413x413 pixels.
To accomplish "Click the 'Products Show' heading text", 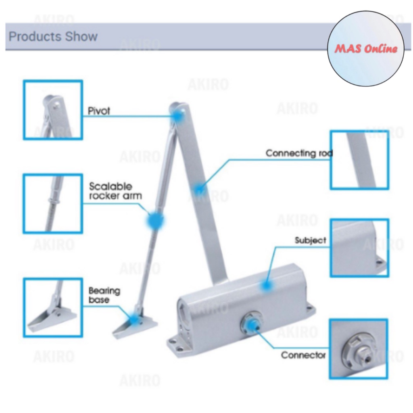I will click(x=53, y=37).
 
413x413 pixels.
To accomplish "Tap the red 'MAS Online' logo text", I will click(x=366, y=49).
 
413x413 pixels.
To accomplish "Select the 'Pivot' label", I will click(x=99, y=111).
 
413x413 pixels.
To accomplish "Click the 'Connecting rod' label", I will click(x=299, y=153).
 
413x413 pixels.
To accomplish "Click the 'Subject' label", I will click(x=310, y=240).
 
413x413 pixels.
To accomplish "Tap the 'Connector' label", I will click(x=303, y=355).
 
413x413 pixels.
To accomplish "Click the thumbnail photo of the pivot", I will click(x=53, y=110).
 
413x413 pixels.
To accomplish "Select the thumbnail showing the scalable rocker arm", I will click(x=53, y=203).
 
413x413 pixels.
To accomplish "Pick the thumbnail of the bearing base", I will click(x=53, y=307).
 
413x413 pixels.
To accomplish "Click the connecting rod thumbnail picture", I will click(x=359, y=160).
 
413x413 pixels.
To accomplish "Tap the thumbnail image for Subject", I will click(x=359, y=248).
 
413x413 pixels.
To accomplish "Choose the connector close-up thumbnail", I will click(x=358, y=349).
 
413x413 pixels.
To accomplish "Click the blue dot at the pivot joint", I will click(x=177, y=116).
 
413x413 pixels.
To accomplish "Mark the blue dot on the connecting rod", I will click(x=198, y=188).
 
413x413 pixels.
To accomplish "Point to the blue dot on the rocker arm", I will click(x=155, y=221).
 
